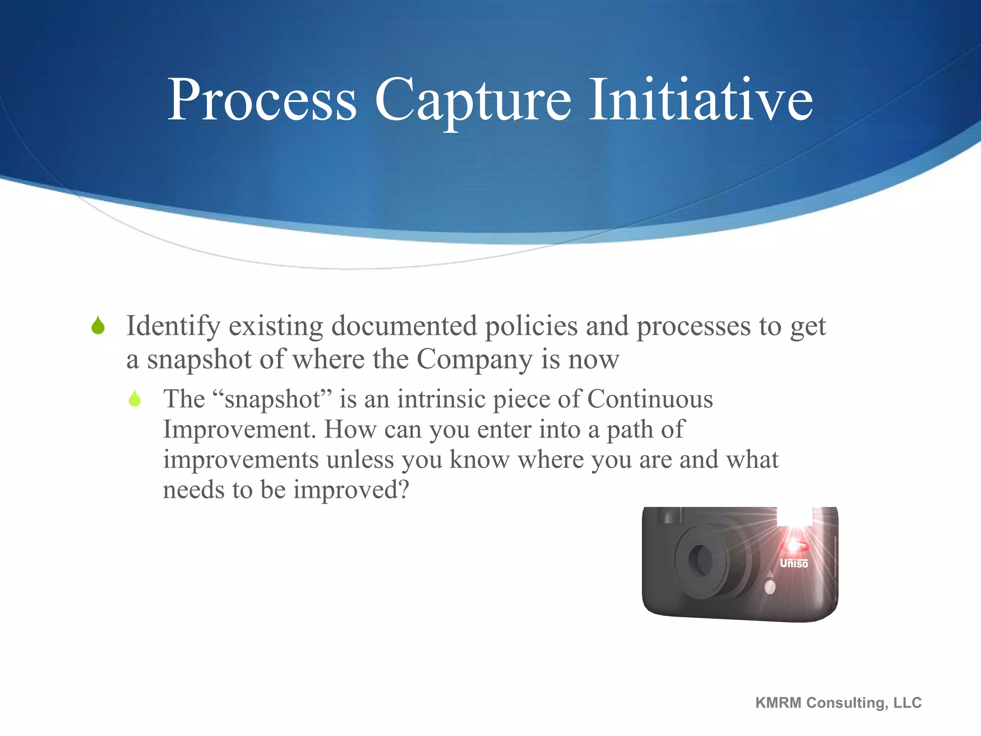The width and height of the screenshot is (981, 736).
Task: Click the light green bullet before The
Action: point(135,398)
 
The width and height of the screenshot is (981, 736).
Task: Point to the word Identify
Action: point(173,327)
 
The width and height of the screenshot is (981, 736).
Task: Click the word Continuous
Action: point(650,399)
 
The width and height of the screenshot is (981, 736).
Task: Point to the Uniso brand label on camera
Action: point(794,563)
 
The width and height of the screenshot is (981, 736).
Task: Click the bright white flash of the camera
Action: point(793,517)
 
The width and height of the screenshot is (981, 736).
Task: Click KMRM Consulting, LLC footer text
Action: point(838,702)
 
